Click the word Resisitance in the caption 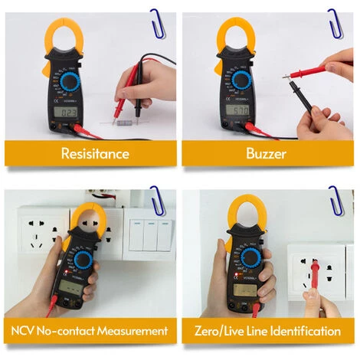point(95,153)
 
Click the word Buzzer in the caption point(265,153)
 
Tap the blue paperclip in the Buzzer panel point(335,21)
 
